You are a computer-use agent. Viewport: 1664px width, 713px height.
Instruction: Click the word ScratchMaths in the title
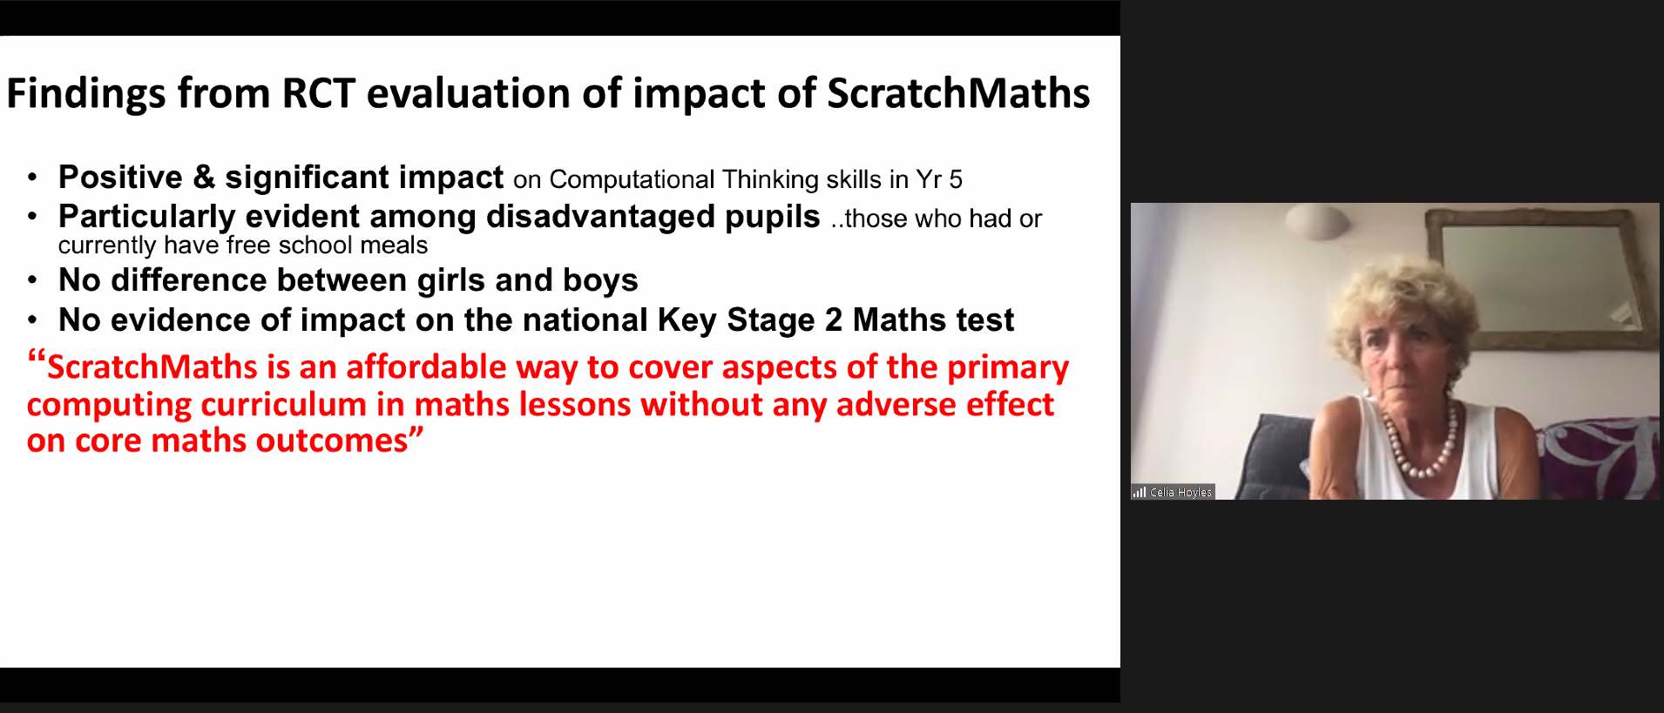(957, 93)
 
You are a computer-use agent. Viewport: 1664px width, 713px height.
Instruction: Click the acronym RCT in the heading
(318, 93)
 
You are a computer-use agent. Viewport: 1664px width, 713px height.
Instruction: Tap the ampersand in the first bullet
(203, 177)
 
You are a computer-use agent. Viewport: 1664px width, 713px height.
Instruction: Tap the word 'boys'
(600, 280)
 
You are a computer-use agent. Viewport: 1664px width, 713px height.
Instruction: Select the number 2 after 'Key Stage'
(834, 320)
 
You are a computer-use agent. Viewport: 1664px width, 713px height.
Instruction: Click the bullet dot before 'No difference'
(32, 281)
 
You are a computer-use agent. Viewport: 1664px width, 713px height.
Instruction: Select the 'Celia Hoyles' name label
(1180, 493)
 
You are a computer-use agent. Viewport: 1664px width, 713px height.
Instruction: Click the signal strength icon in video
(1140, 493)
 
